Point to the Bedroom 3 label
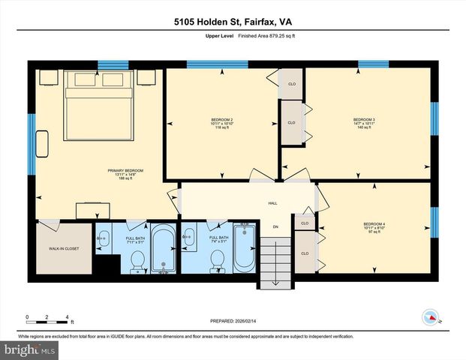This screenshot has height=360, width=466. [x=364, y=120]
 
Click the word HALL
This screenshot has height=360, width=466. [x=273, y=203]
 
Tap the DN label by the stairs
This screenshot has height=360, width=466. [x=275, y=226]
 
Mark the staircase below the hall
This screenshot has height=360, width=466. [x=275, y=258]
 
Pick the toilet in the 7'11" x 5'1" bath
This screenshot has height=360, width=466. [x=137, y=260]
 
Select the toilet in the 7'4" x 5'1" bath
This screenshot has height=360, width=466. [x=217, y=260]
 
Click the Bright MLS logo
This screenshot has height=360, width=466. [x=29, y=349]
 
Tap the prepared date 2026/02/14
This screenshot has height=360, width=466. [x=233, y=321]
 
